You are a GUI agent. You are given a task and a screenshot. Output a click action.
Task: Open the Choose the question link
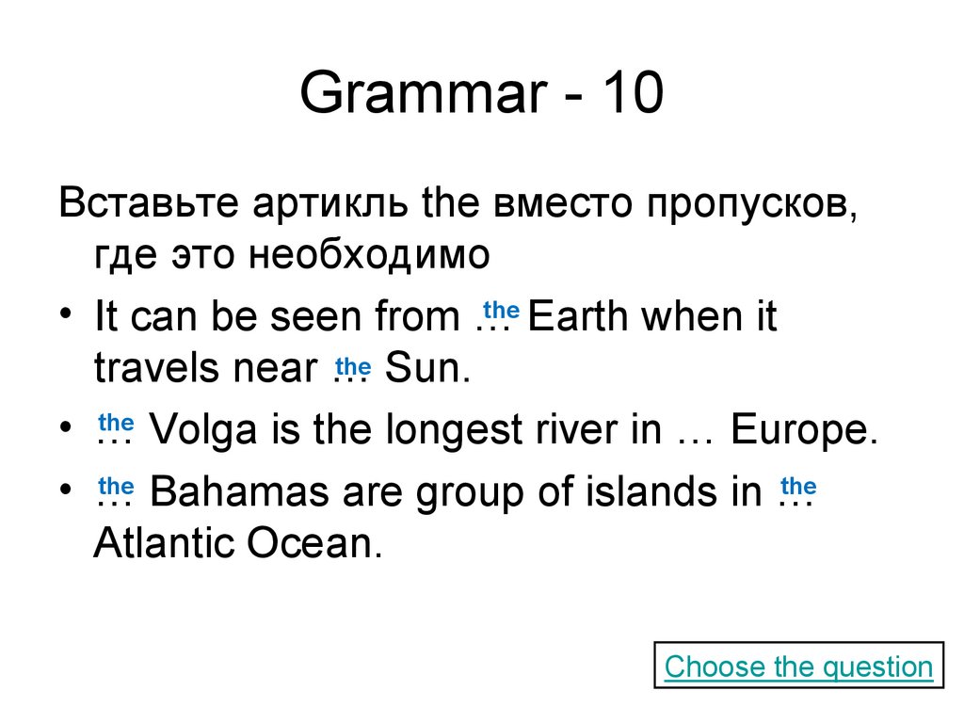pyautogui.click(x=798, y=667)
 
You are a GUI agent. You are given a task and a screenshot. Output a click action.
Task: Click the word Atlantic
pyautogui.click(x=165, y=543)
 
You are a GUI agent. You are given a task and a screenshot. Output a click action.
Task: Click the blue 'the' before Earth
pyautogui.click(x=501, y=311)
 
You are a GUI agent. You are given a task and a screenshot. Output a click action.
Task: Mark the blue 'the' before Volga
pyautogui.click(x=117, y=424)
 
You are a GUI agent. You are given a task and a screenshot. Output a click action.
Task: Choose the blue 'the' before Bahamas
pyautogui.click(x=117, y=486)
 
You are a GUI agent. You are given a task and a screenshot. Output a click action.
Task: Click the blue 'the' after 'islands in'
pyautogui.click(x=797, y=486)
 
